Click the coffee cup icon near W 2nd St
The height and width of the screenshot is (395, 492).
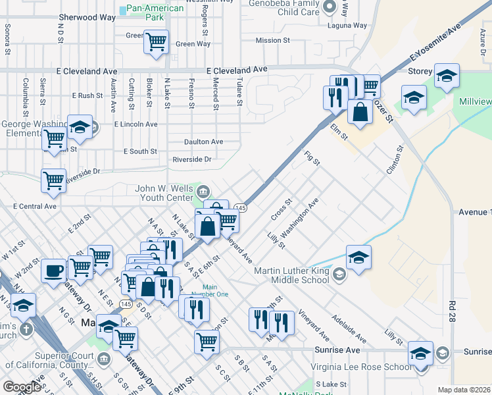pos(53,271)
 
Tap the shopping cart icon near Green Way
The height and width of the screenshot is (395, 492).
pos(156,43)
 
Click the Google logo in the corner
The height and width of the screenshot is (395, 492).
pos(21,387)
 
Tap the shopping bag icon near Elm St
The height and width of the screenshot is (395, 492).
pos(360,111)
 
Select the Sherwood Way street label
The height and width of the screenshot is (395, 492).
pos(84,16)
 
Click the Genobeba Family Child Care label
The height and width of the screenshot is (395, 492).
pos(285,7)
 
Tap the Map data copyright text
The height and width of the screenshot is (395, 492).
pos(464,390)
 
